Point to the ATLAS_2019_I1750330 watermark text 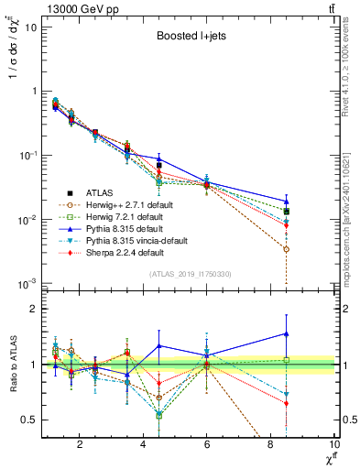[189, 274]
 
